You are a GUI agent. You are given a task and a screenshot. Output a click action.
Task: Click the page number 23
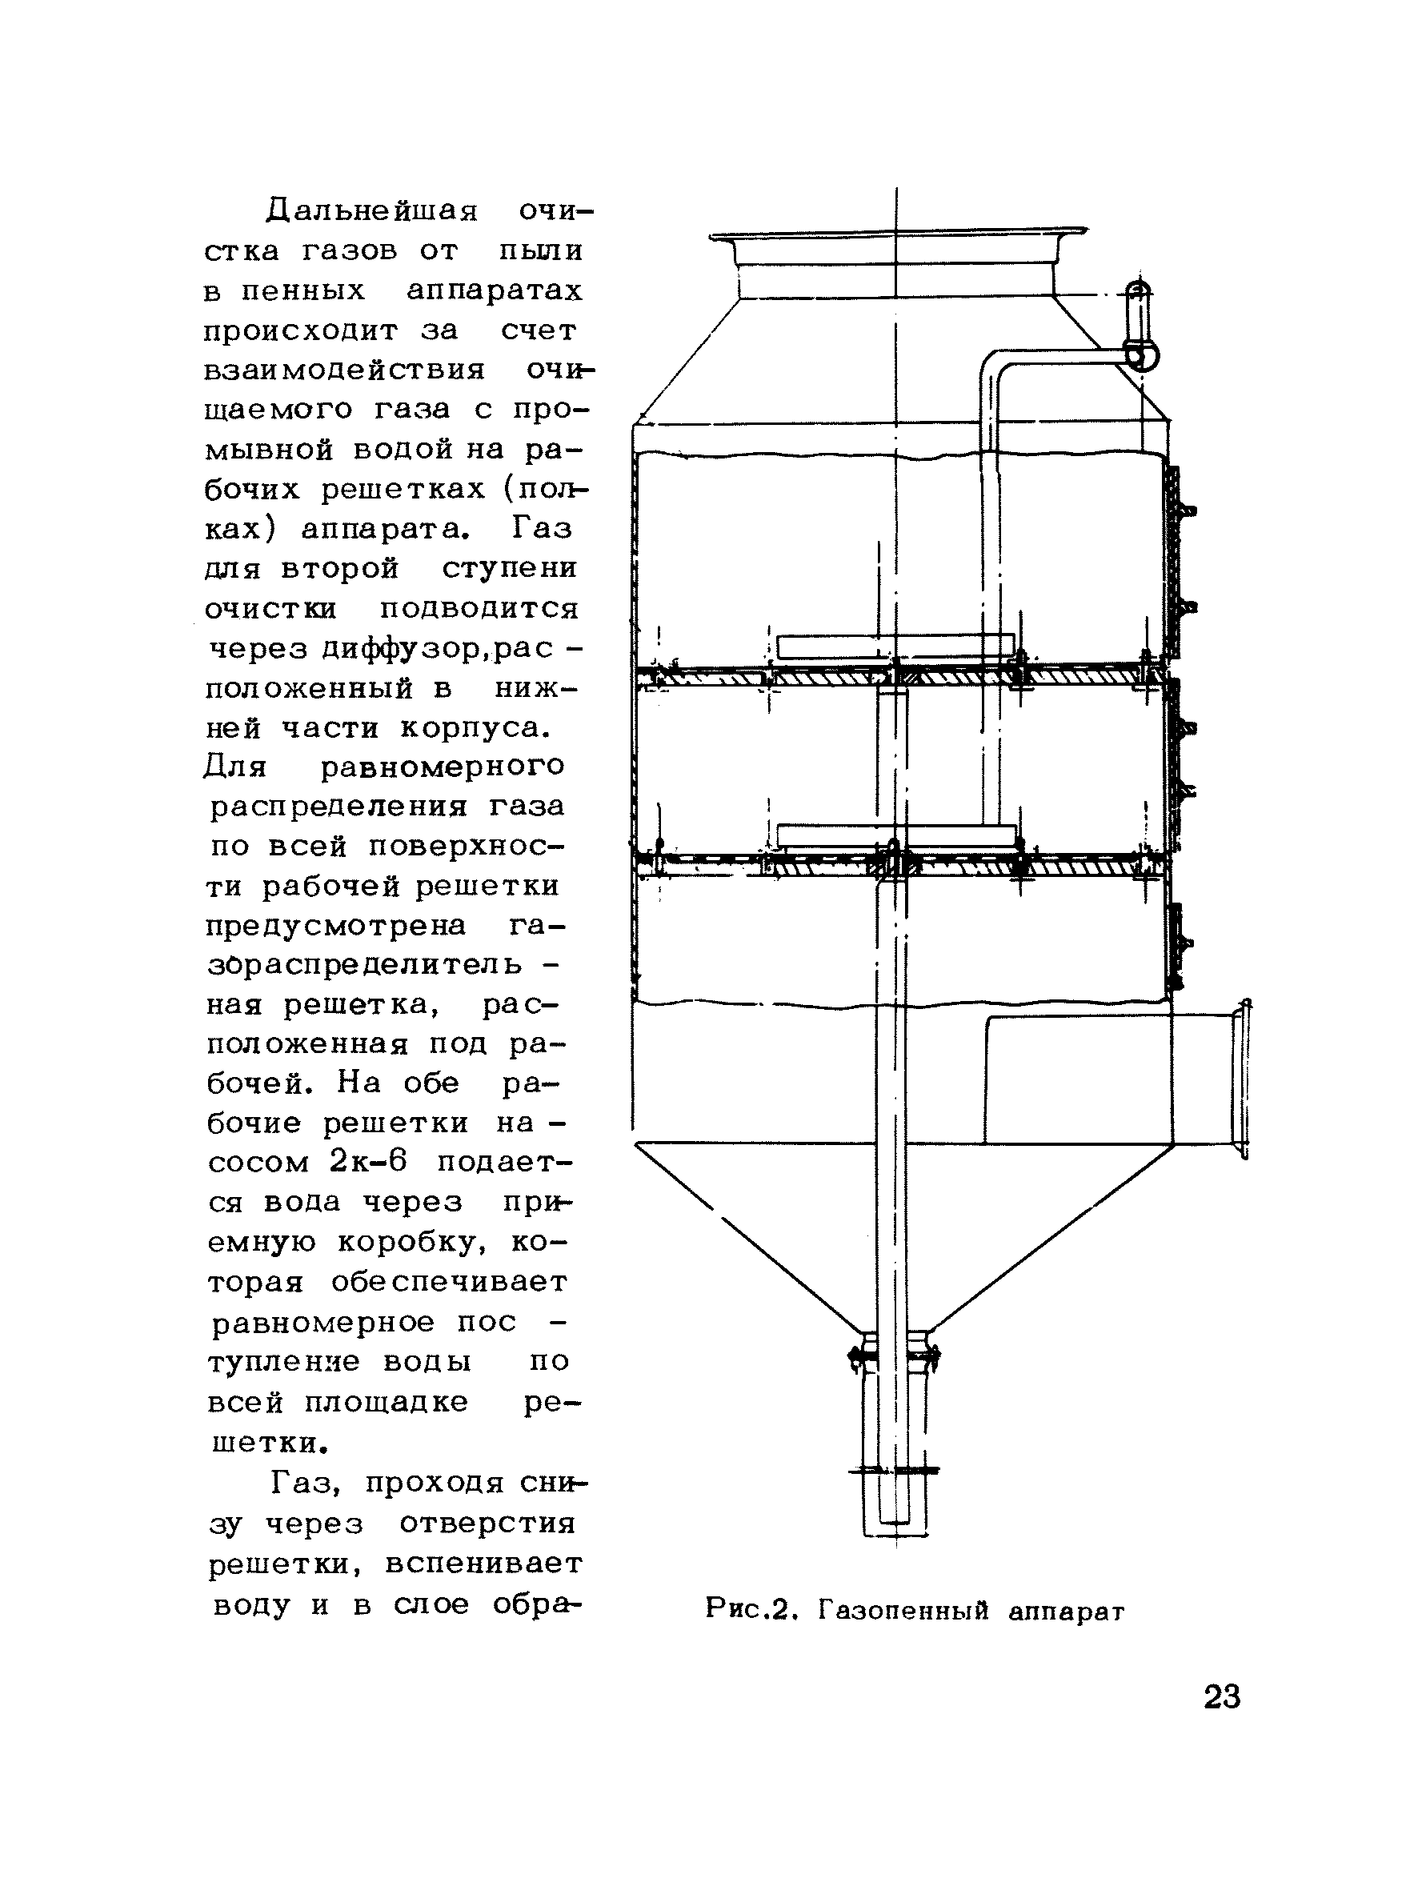[1221, 1696]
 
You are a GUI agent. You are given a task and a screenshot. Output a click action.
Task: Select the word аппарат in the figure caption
[1067, 1612]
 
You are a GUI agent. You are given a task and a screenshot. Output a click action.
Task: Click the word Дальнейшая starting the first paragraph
[372, 210]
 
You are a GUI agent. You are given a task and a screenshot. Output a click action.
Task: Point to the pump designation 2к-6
[367, 1162]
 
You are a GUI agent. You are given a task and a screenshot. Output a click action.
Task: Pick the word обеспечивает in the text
[450, 1282]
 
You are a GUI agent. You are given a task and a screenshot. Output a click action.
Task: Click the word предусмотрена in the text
[336, 925]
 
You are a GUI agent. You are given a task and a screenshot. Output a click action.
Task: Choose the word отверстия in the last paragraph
[487, 1524]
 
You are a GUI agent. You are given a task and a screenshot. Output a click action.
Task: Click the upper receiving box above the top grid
[895, 646]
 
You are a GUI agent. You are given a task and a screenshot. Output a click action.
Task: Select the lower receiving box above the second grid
[895, 835]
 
